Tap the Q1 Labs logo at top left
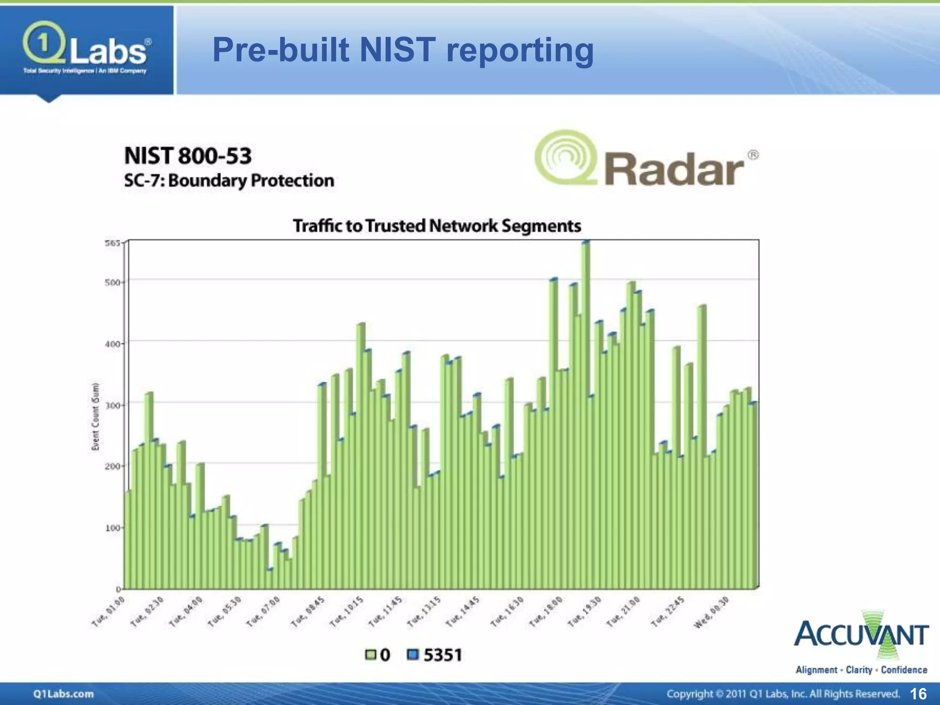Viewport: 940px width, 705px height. (86, 49)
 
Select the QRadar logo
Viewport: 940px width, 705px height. (646, 159)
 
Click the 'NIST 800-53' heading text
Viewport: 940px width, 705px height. (188, 156)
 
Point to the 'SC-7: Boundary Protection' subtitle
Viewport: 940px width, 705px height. (229, 180)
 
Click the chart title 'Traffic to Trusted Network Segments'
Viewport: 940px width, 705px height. (437, 226)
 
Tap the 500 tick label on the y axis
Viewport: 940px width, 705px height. (112, 282)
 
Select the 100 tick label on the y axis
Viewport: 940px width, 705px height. (112, 528)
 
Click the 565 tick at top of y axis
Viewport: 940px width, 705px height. (112, 243)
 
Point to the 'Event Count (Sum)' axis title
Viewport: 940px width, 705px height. (95, 416)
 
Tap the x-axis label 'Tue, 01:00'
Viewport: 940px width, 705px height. (108, 611)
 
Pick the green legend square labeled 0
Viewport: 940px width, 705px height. (370, 655)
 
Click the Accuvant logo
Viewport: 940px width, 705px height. (861, 643)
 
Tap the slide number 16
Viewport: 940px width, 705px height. (918, 693)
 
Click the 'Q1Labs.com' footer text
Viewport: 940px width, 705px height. (63, 694)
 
